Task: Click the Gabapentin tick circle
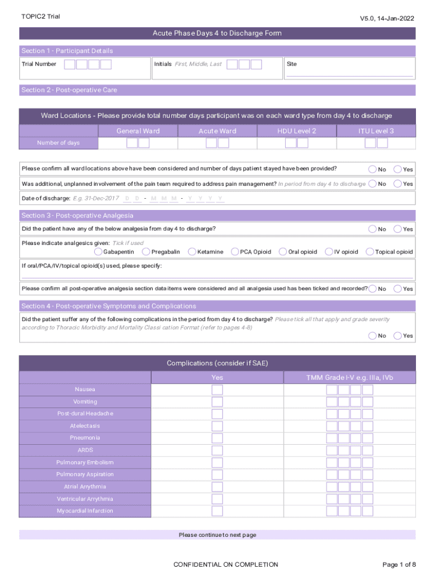[99, 252]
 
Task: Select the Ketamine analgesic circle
[192, 252]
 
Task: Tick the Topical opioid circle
[370, 252]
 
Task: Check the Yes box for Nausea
[217, 390]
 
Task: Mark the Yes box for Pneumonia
[217, 438]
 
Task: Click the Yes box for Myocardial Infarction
[217, 511]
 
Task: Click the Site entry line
[349, 72]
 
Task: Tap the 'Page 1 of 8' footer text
[398, 564]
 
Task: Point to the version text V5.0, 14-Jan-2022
[387, 19]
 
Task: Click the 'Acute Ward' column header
[217, 131]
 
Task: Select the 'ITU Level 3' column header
[376, 131]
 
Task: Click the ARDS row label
[85, 450]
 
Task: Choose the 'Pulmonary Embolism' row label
[85, 462]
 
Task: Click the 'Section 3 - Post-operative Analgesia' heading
[77, 216]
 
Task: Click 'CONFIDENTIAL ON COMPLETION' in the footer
[225, 564]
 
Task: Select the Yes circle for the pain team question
[398, 183]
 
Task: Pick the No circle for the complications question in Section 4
[373, 335]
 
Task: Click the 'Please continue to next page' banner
[217, 535]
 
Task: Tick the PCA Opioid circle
[235, 252]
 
